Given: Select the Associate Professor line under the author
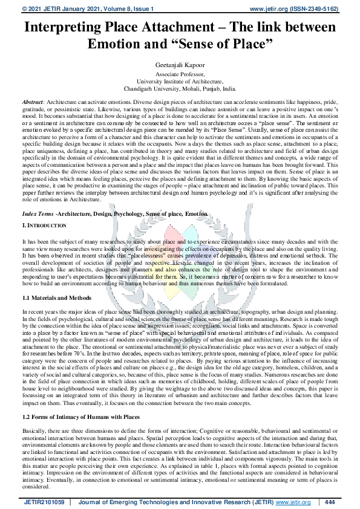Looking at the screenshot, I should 180,73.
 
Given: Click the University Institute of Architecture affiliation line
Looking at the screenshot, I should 180,80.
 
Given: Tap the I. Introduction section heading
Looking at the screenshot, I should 45,225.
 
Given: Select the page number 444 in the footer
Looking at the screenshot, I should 330,502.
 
